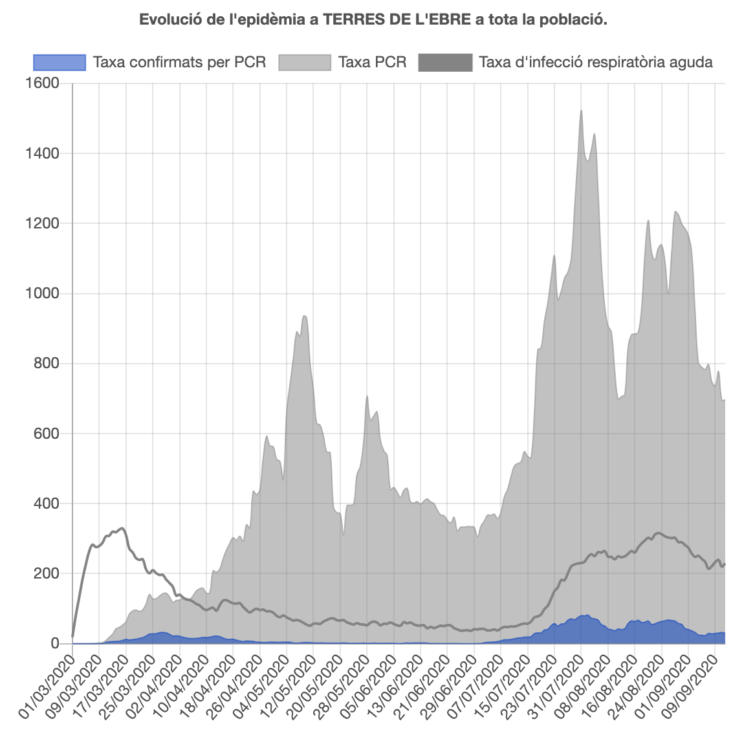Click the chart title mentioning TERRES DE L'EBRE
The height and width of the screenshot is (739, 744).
373,20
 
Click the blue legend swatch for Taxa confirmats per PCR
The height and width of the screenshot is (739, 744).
59,62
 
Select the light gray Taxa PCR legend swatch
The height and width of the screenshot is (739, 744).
305,62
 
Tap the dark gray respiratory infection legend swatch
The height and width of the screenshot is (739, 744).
445,62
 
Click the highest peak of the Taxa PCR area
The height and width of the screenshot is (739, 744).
581,111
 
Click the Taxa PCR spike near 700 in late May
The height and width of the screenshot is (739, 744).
367,396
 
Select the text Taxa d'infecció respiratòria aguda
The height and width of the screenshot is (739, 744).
596,62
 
